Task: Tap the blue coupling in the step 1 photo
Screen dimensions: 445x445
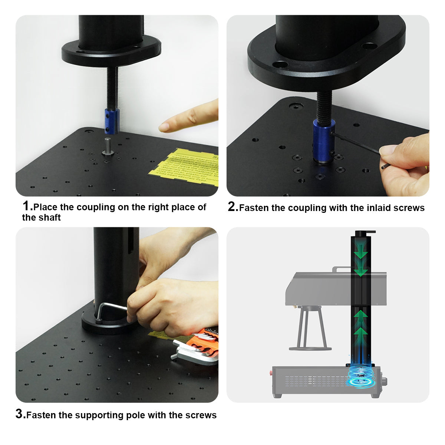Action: (111, 121)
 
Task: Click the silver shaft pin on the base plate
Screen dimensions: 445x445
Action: (107, 146)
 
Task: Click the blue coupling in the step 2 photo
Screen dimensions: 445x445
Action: (323, 141)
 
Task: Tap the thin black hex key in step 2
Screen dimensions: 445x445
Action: (356, 143)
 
